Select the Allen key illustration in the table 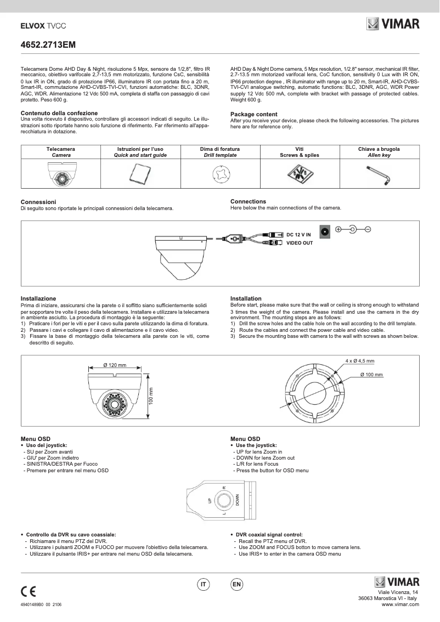coord(379,176)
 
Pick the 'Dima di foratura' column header coord(219,149)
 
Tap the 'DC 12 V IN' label coord(298,235)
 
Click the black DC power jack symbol coord(325,231)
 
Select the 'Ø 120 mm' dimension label coord(115,365)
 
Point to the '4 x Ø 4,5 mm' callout coord(359,361)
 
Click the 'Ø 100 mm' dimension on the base coord(371,374)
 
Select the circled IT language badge coord(203,585)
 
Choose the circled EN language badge coord(236,585)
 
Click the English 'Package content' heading coord(253,114)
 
